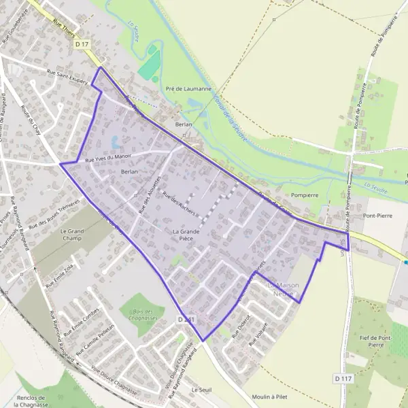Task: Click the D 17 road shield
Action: (x=82, y=44)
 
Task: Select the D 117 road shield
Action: (x=342, y=377)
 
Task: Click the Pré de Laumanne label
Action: (x=188, y=89)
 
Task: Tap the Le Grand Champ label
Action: (x=72, y=235)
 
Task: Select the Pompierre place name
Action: (x=304, y=194)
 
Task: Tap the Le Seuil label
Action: (x=202, y=390)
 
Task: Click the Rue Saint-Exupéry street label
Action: (x=68, y=76)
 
